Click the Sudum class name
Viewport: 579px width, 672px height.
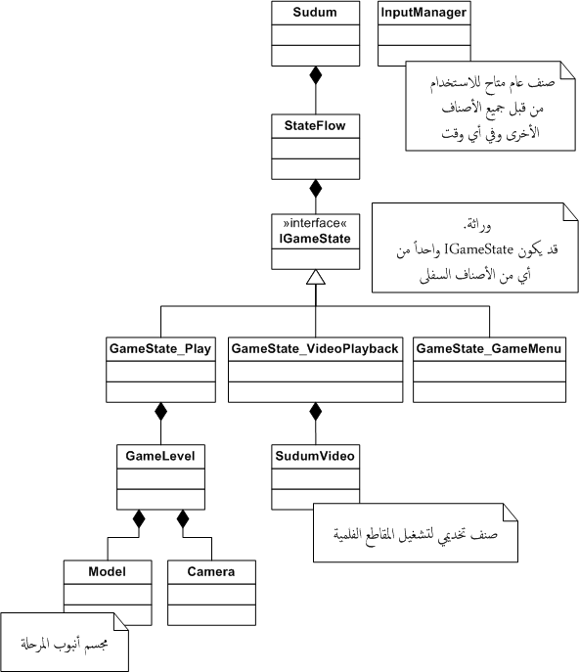coord(315,12)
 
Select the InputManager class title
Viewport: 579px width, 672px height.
coord(423,12)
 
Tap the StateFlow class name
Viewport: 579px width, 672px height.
coord(315,125)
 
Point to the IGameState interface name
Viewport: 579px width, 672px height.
coord(315,239)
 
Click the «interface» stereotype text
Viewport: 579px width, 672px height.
coord(315,223)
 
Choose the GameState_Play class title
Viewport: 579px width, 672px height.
coord(160,349)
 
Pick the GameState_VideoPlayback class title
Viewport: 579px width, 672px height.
coord(315,349)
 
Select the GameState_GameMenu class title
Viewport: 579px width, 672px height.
coord(489,349)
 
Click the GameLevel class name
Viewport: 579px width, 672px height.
coord(160,456)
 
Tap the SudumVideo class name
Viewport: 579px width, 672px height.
coord(315,456)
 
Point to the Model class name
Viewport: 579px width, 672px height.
coord(108,571)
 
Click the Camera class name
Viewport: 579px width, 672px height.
coord(211,571)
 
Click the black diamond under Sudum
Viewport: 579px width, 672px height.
coord(316,75)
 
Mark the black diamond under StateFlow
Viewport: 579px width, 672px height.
coord(316,188)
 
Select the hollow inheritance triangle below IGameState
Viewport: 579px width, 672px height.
coord(316,277)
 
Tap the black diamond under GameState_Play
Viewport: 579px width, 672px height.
coord(160,412)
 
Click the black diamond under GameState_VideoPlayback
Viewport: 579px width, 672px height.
coord(316,412)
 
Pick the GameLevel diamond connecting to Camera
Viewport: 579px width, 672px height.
coord(183,518)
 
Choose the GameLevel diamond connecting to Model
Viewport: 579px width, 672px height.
coord(139,518)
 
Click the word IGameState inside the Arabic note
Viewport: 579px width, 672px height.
coord(478,249)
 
